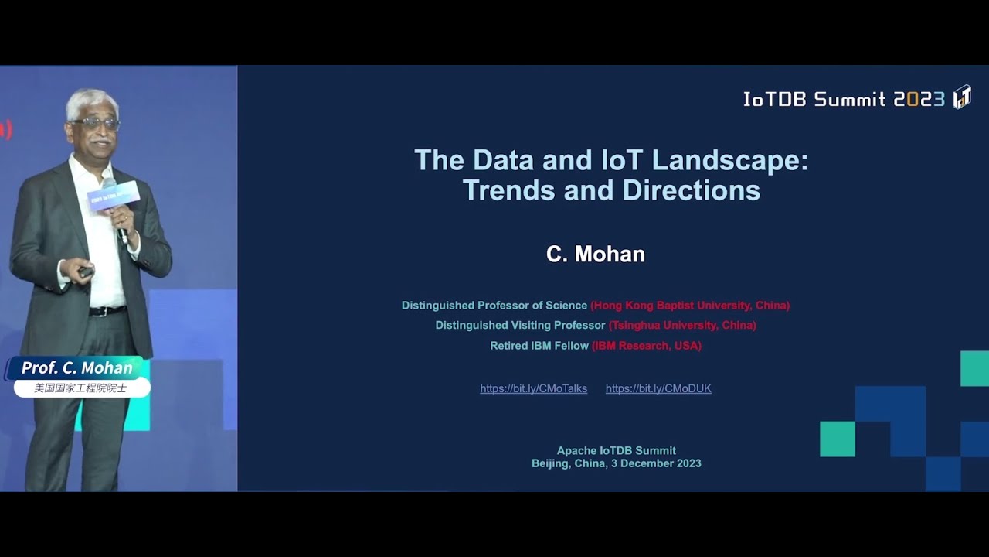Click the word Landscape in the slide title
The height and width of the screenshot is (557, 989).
[x=729, y=160]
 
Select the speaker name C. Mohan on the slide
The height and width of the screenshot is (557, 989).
[x=595, y=255]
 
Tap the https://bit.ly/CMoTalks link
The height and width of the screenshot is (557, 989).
[x=533, y=388]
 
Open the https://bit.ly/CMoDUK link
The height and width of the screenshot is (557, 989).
[x=658, y=388]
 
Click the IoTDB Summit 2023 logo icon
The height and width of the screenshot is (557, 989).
[x=961, y=97]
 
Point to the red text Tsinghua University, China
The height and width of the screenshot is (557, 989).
[x=682, y=325]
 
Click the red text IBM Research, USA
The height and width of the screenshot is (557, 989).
[x=647, y=346]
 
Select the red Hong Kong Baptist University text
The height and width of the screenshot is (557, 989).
[x=690, y=306]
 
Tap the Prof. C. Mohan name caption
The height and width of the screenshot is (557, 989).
[x=77, y=368]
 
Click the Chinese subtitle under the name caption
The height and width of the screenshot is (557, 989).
[x=80, y=388]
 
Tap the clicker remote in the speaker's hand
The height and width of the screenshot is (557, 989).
[x=85, y=272]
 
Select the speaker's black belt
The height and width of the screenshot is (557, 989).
[x=107, y=311]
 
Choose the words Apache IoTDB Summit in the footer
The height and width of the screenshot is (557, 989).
[x=616, y=450]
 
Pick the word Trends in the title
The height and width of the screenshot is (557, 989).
[x=509, y=190]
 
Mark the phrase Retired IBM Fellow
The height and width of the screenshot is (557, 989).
[x=539, y=346]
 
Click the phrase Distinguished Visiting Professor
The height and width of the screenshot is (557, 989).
[x=520, y=325]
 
